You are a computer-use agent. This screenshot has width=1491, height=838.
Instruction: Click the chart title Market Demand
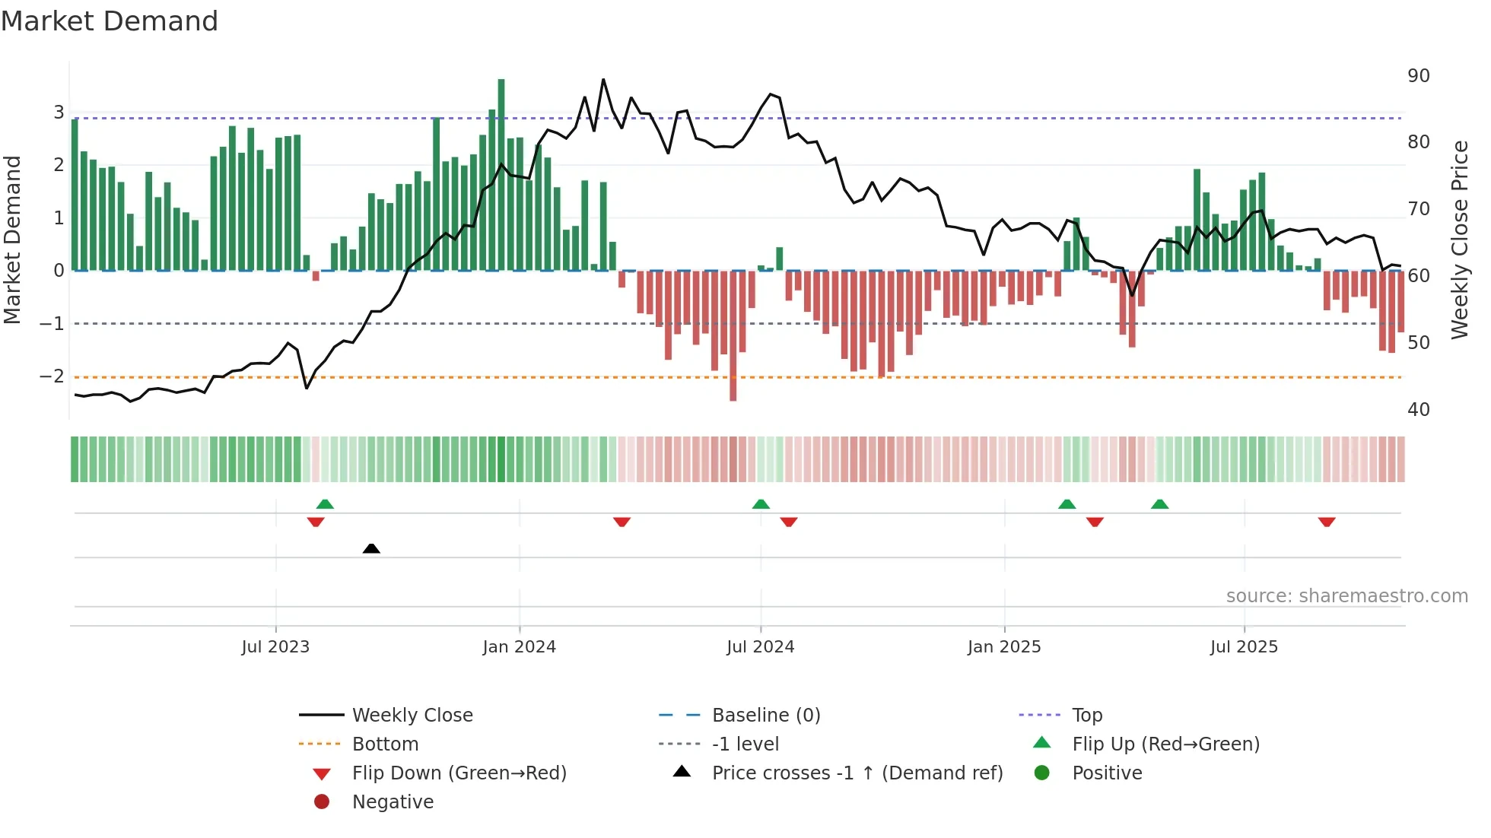(x=110, y=21)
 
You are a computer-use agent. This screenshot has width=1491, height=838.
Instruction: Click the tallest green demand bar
(x=501, y=175)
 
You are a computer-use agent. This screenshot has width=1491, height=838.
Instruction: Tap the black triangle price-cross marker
(x=371, y=548)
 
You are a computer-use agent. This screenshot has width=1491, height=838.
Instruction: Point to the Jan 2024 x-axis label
(x=520, y=647)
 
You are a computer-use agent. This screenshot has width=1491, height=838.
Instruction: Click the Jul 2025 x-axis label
(x=1244, y=647)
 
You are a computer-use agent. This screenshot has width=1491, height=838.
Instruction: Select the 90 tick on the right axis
(x=1418, y=76)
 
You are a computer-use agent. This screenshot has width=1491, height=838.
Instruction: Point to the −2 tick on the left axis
(x=52, y=376)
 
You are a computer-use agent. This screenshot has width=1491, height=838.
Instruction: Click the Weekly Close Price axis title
(x=1459, y=240)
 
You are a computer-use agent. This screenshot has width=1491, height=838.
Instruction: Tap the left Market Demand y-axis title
(x=13, y=240)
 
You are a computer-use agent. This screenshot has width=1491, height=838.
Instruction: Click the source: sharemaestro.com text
(x=1346, y=596)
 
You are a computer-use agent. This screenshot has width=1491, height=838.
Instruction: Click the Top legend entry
(x=1086, y=716)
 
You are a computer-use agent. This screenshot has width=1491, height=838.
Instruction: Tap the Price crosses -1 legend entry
(x=857, y=773)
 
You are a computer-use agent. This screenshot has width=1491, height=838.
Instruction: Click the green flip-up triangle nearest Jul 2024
(x=761, y=504)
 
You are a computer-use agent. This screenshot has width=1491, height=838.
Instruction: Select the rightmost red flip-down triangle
(x=1327, y=522)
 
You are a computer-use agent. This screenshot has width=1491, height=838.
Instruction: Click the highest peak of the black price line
(x=603, y=80)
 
